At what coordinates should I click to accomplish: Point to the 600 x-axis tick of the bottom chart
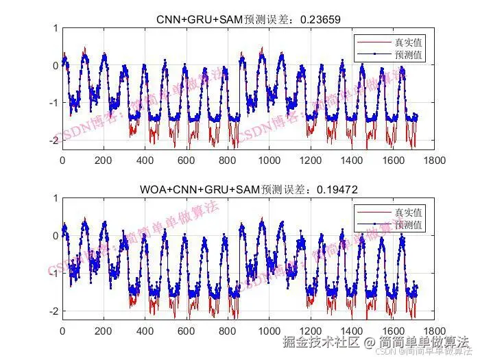coord(187,330)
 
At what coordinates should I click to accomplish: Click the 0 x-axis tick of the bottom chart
coord(62,330)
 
